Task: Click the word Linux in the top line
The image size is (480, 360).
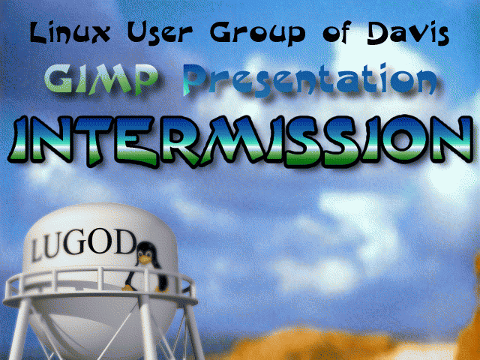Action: click(x=70, y=32)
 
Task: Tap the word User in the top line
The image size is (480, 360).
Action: click(x=160, y=33)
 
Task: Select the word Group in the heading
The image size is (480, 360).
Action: click(x=258, y=34)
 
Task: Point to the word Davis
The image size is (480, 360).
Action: click(x=408, y=33)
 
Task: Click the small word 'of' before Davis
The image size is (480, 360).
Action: click(x=337, y=33)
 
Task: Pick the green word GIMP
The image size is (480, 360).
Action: click(x=101, y=79)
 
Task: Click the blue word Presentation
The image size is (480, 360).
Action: click(x=310, y=80)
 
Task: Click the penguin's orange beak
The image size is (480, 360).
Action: click(x=144, y=260)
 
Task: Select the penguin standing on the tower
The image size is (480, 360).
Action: click(x=145, y=266)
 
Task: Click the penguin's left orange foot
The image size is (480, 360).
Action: click(x=128, y=288)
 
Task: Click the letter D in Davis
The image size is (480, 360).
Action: click(x=380, y=33)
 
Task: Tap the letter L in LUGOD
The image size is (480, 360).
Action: click(x=38, y=250)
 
